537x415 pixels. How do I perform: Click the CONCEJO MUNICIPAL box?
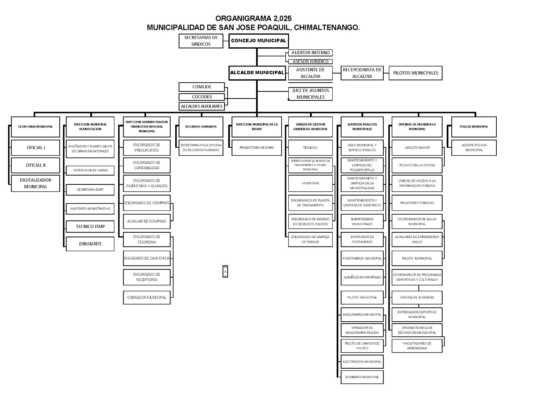[x=258, y=41]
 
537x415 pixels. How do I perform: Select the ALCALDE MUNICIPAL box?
[x=257, y=73]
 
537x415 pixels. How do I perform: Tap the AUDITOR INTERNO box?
[x=310, y=53]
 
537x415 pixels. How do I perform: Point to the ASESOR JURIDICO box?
[x=310, y=61]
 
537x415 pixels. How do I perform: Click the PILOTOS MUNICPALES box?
[x=416, y=73]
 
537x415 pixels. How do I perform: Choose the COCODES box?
[x=202, y=97]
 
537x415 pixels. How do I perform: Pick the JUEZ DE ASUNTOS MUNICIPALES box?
[x=310, y=94]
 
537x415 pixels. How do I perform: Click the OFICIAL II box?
[x=36, y=165]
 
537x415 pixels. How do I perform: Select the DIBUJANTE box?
[x=90, y=244]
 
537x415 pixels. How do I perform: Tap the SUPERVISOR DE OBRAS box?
[x=90, y=170]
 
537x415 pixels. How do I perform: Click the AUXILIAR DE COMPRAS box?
[x=147, y=221]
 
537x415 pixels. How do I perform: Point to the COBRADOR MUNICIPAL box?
[x=147, y=297]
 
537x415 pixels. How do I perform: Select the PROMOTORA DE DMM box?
[x=257, y=148]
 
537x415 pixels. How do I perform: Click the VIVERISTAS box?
[x=310, y=183]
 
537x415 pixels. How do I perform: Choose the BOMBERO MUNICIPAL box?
[x=362, y=377]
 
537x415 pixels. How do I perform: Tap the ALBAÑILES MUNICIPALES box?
[x=362, y=277]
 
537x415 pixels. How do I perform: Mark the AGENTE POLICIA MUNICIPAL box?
[x=474, y=148]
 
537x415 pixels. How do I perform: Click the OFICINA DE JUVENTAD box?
[x=417, y=297]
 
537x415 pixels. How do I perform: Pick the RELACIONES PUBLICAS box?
[x=417, y=203]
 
